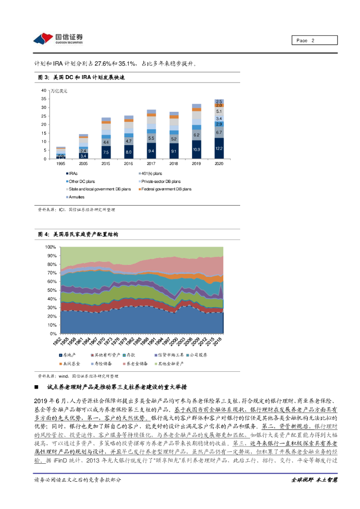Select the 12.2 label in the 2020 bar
tap(219, 149)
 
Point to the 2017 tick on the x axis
tap(151, 163)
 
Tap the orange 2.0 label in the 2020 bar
tap(219, 105)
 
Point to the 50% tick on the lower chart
tap(50, 290)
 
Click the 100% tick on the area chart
tap(50, 247)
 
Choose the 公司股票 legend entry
tap(196, 355)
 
